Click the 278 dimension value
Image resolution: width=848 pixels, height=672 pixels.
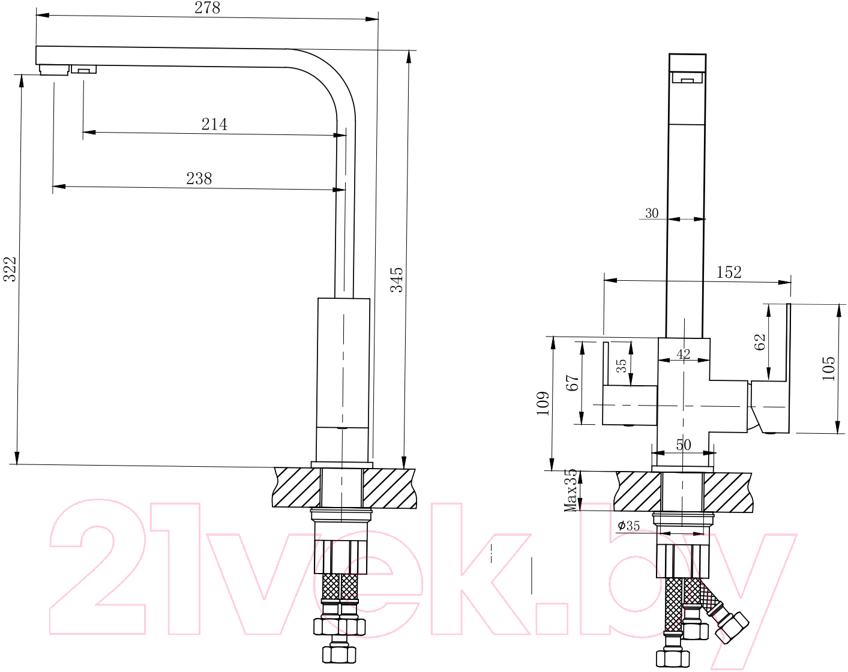tap(207, 7)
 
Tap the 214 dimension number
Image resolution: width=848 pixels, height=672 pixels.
tap(214, 124)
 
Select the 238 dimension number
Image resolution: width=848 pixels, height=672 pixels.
tap(199, 178)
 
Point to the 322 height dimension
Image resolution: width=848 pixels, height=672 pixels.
tap(10, 269)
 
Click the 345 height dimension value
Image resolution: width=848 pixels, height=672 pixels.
tap(397, 280)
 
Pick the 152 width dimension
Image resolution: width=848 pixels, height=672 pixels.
tap(729, 272)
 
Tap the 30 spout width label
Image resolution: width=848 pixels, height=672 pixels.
tap(652, 213)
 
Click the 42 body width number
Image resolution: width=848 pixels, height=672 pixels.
tap(684, 354)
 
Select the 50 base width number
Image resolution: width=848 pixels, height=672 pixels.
tap(684, 445)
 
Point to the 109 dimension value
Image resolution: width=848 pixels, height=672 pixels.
tap(543, 403)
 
